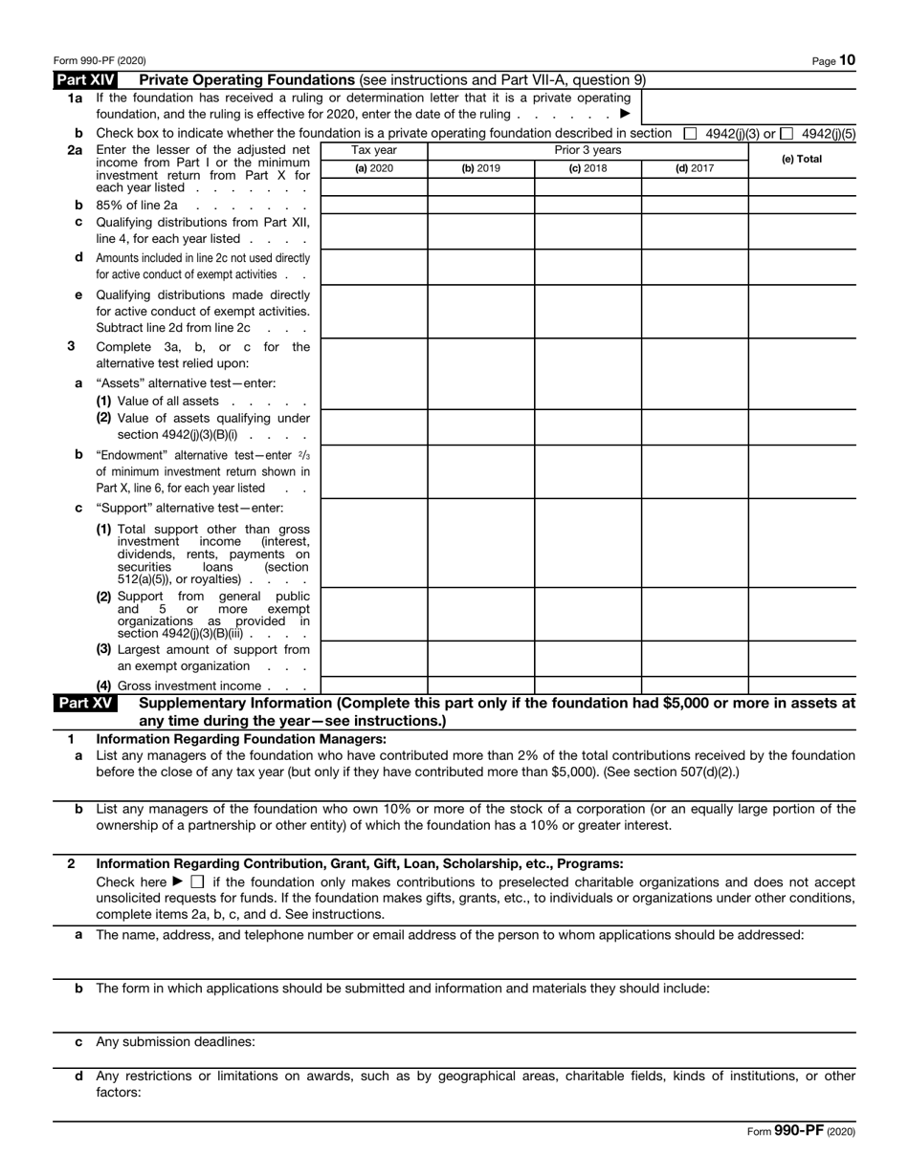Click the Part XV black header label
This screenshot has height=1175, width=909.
(x=85, y=703)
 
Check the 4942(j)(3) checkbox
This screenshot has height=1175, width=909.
(x=690, y=133)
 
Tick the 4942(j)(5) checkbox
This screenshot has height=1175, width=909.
(x=786, y=133)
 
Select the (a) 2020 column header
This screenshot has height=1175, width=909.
(x=373, y=169)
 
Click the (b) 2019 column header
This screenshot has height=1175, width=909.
(x=480, y=169)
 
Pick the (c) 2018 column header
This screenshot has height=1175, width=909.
(x=588, y=169)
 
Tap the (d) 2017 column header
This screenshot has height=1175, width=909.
(x=695, y=169)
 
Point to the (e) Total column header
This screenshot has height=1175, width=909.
(x=802, y=160)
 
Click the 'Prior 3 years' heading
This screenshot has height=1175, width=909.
(x=588, y=150)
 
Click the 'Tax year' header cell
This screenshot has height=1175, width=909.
(x=373, y=150)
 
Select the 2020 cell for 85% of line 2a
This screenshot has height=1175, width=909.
(x=373, y=205)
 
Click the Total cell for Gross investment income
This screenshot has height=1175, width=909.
(x=802, y=685)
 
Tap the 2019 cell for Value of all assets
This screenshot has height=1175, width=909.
(x=480, y=401)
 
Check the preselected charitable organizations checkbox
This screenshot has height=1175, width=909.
(x=197, y=881)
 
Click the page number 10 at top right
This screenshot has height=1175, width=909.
(x=847, y=60)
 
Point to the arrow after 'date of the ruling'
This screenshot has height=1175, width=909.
(x=625, y=114)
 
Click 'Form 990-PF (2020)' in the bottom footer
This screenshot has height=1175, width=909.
(x=801, y=1130)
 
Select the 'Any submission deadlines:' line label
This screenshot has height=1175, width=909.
(x=175, y=1041)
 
